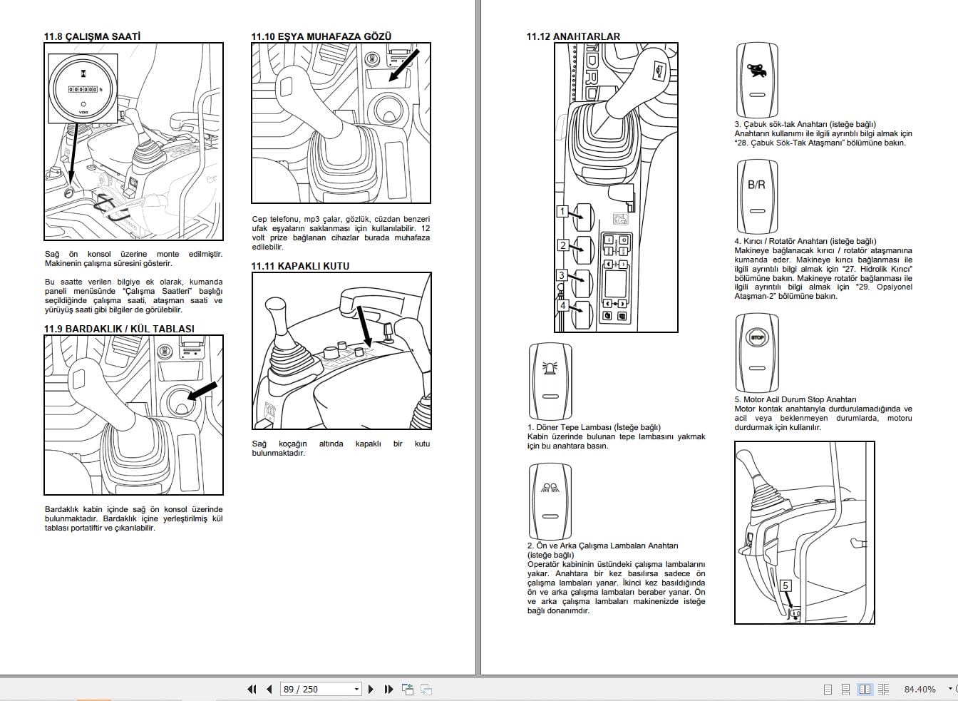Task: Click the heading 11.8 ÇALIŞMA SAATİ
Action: coord(92,36)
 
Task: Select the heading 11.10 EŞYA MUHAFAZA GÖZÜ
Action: coord(321,36)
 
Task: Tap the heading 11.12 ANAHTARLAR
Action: coord(573,36)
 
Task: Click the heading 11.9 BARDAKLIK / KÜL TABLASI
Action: coord(119,329)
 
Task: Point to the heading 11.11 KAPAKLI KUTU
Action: coord(300,266)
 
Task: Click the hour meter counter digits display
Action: coord(83,89)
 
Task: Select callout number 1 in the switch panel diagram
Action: coord(562,211)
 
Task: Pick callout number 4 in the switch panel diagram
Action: coord(562,305)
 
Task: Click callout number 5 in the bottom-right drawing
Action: coord(786,585)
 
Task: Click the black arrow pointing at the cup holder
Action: coord(201,392)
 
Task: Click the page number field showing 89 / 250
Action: coord(321,689)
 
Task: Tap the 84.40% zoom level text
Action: coord(920,689)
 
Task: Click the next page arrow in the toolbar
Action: coord(371,689)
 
